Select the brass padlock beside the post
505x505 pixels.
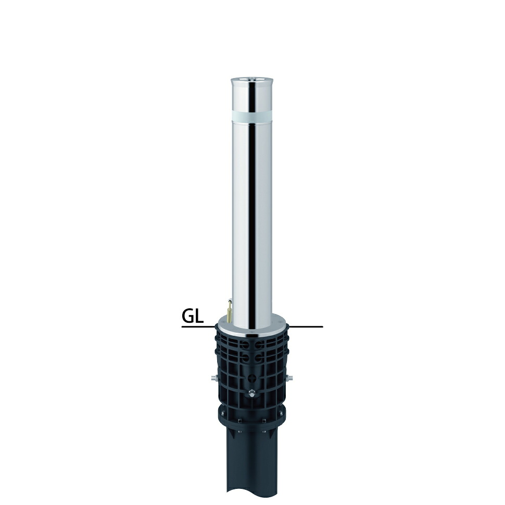pos(229,310)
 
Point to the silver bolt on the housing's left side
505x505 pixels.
pos(213,378)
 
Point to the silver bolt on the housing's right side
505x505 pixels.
pos(290,378)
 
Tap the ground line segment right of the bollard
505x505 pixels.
pos(306,327)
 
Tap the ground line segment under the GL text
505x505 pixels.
pos(198,327)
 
